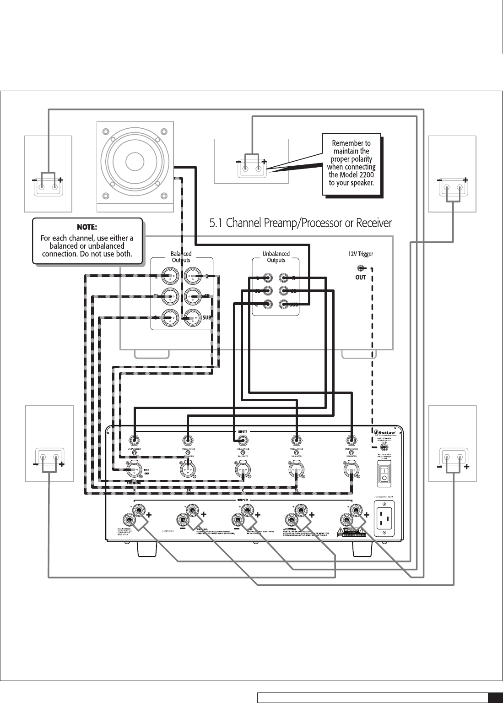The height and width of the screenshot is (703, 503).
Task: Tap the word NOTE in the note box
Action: pyautogui.click(x=87, y=227)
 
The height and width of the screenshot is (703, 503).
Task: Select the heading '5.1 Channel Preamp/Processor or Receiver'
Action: pyautogui.click(x=300, y=223)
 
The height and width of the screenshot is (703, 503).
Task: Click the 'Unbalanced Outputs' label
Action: pyautogui.click(x=276, y=256)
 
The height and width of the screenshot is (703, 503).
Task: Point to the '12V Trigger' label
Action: pyautogui.click(x=361, y=253)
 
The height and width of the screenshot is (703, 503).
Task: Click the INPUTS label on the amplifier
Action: pyautogui.click(x=243, y=431)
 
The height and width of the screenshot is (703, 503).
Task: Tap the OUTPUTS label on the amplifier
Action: pyautogui.click(x=243, y=500)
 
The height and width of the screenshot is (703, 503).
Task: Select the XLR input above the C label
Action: pyautogui.click(x=243, y=469)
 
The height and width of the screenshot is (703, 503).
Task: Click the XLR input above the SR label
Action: pyautogui.click(x=188, y=469)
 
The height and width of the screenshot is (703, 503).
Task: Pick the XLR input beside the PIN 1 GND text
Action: pyautogui.click(x=134, y=469)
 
